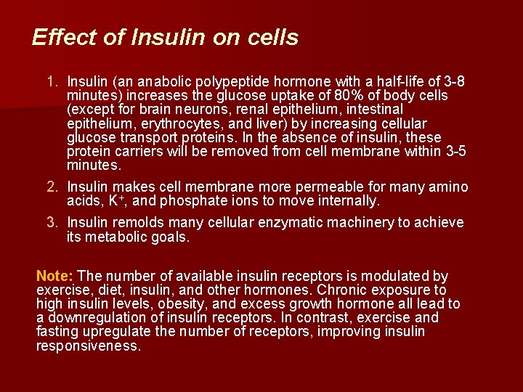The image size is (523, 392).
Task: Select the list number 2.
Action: tap(52, 187)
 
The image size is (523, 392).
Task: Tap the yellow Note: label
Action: tap(54, 276)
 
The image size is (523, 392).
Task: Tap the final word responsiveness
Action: tap(87, 346)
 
